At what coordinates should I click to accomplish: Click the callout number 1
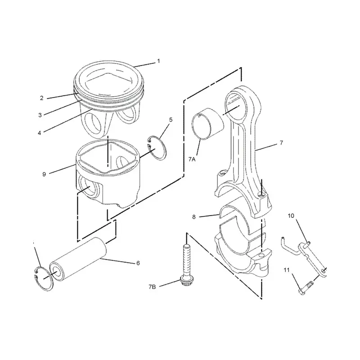(158, 61)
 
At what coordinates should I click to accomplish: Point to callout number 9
(44, 174)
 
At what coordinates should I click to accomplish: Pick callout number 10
(291, 216)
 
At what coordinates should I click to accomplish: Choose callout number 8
(194, 216)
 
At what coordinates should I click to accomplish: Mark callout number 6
(138, 263)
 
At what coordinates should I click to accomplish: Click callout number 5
(171, 120)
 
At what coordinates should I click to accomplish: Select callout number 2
(41, 98)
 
